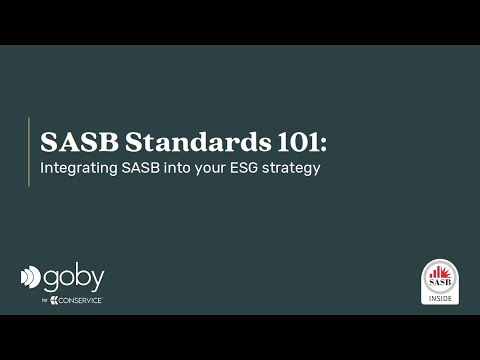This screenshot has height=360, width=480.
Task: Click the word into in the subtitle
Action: pyautogui.click(x=182, y=168)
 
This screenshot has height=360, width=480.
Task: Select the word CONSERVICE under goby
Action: pyautogui.click(x=81, y=300)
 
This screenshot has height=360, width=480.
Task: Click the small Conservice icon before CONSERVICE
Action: pyautogui.click(x=57, y=300)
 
